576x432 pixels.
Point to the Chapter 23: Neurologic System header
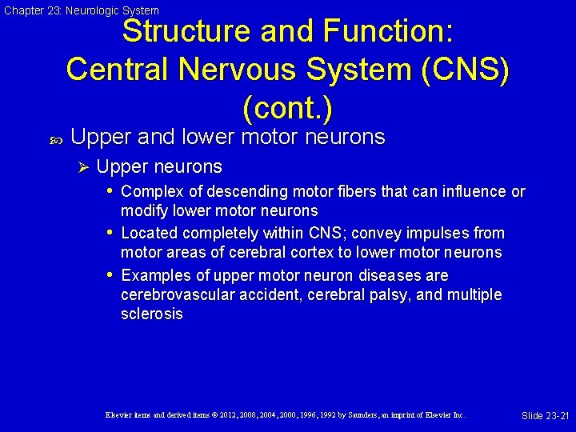(x=82, y=10)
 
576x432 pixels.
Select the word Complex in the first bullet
(x=149, y=192)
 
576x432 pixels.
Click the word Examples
(x=155, y=276)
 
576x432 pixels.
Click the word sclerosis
(x=151, y=314)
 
